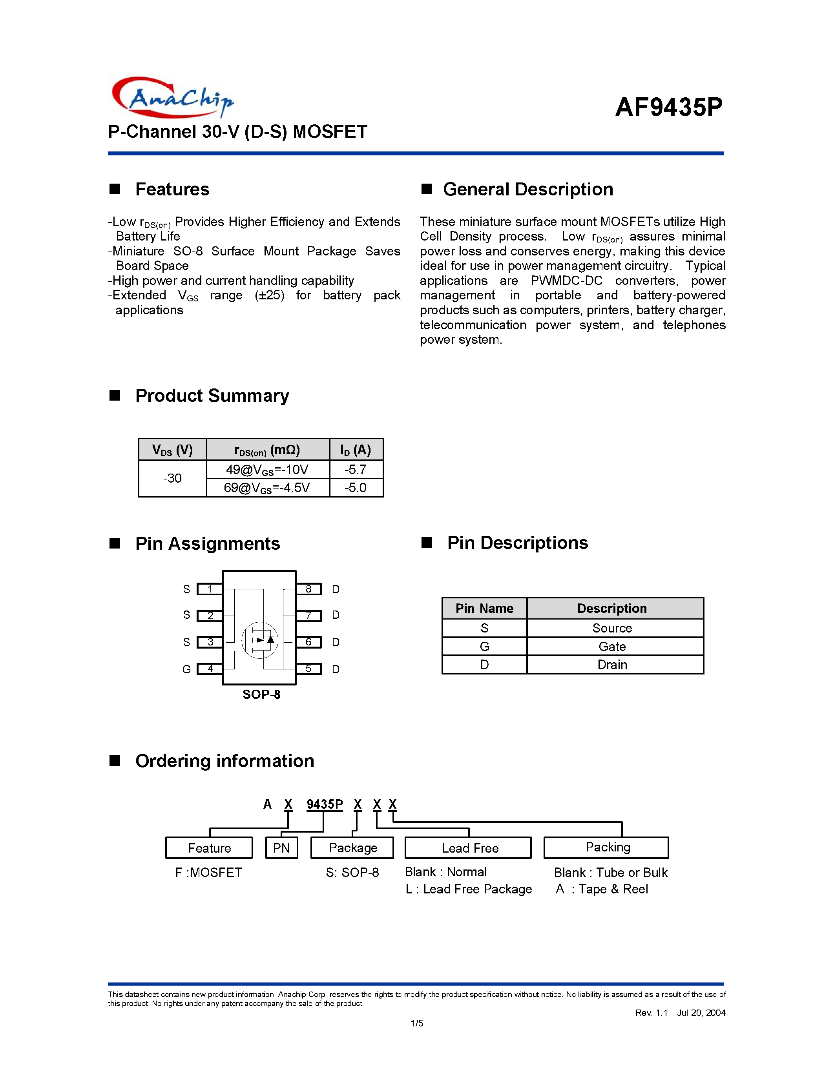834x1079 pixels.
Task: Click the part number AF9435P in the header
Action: pyautogui.click(x=668, y=107)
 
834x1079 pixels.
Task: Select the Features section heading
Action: pyautogui.click(x=172, y=189)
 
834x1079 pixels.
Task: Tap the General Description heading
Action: pyautogui.click(x=527, y=189)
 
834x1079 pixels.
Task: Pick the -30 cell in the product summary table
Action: pyautogui.click(x=172, y=478)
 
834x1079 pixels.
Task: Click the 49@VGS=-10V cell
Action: pyautogui.click(x=267, y=469)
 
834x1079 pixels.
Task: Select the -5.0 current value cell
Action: pyautogui.click(x=356, y=488)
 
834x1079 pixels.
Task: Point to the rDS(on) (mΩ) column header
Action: pyautogui.click(x=267, y=450)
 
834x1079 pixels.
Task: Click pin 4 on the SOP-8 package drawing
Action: pyautogui.click(x=210, y=669)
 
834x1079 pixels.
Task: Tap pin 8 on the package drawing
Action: pyautogui.click(x=308, y=589)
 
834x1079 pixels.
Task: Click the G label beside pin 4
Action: pyautogui.click(x=186, y=669)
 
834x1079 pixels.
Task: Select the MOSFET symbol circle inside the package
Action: pyautogui.click(x=260, y=640)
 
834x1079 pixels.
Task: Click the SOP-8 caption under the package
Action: pyautogui.click(x=261, y=694)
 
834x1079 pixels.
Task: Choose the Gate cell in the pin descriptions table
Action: pyautogui.click(x=612, y=646)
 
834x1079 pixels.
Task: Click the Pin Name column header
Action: pyautogui.click(x=484, y=608)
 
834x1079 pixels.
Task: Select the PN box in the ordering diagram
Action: pyautogui.click(x=281, y=848)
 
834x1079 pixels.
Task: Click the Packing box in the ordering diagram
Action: pyautogui.click(x=607, y=847)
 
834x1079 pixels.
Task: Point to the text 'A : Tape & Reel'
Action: pyautogui.click(x=601, y=889)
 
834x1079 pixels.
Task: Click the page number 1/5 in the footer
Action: pyautogui.click(x=416, y=1023)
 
